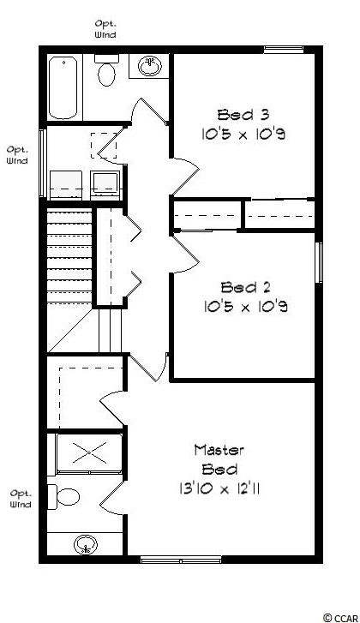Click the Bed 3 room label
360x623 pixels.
point(243,115)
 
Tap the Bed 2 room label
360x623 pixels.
point(246,287)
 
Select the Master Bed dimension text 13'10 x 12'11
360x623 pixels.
point(219,488)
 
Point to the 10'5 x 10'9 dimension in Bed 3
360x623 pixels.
point(243,135)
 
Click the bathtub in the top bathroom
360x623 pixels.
point(63,87)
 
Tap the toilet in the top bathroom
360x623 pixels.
point(106,70)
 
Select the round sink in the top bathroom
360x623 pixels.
point(150,66)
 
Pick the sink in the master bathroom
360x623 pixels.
point(86,544)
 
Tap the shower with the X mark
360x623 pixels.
point(89,453)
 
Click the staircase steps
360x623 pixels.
point(70,257)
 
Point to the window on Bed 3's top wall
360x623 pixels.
point(284,49)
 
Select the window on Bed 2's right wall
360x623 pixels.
point(319,262)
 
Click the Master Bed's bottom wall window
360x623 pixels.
point(181,560)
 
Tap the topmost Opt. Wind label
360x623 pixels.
point(105,29)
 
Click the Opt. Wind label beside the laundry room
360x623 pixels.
point(17,155)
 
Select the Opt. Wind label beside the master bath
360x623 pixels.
point(21,499)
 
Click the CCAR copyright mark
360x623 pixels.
point(340,618)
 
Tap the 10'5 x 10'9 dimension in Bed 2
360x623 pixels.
point(245,306)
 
